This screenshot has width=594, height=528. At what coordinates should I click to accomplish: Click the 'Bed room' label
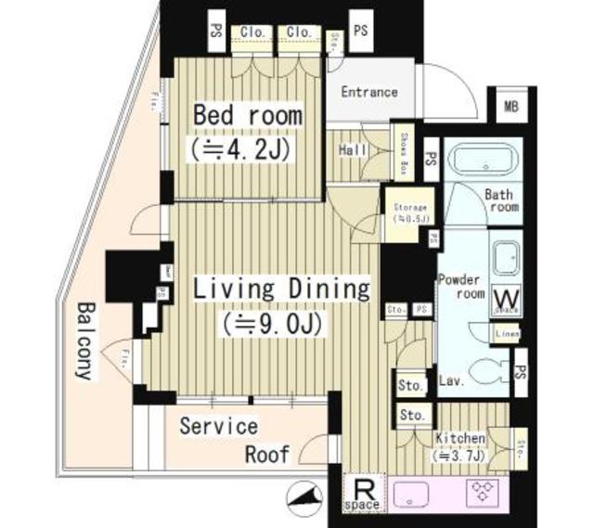click(247, 116)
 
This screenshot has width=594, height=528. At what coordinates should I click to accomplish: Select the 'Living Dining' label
click(280, 289)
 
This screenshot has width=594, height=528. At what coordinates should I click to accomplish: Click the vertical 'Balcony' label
click(86, 340)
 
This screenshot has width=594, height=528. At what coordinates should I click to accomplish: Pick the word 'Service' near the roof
click(218, 427)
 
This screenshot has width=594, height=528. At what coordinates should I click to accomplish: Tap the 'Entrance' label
click(368, 92)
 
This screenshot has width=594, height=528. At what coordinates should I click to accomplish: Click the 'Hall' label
click(352, 150)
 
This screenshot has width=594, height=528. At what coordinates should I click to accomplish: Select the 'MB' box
click(511, 106)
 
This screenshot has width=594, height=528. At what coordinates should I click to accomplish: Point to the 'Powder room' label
click(460, 286)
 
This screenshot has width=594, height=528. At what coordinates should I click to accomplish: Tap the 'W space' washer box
click(507, 299)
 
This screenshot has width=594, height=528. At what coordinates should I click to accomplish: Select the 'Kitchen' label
click(459, 438)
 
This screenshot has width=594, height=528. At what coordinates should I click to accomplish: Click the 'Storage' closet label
click(409, 213)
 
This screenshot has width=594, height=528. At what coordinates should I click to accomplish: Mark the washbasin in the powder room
click(506, 256)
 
